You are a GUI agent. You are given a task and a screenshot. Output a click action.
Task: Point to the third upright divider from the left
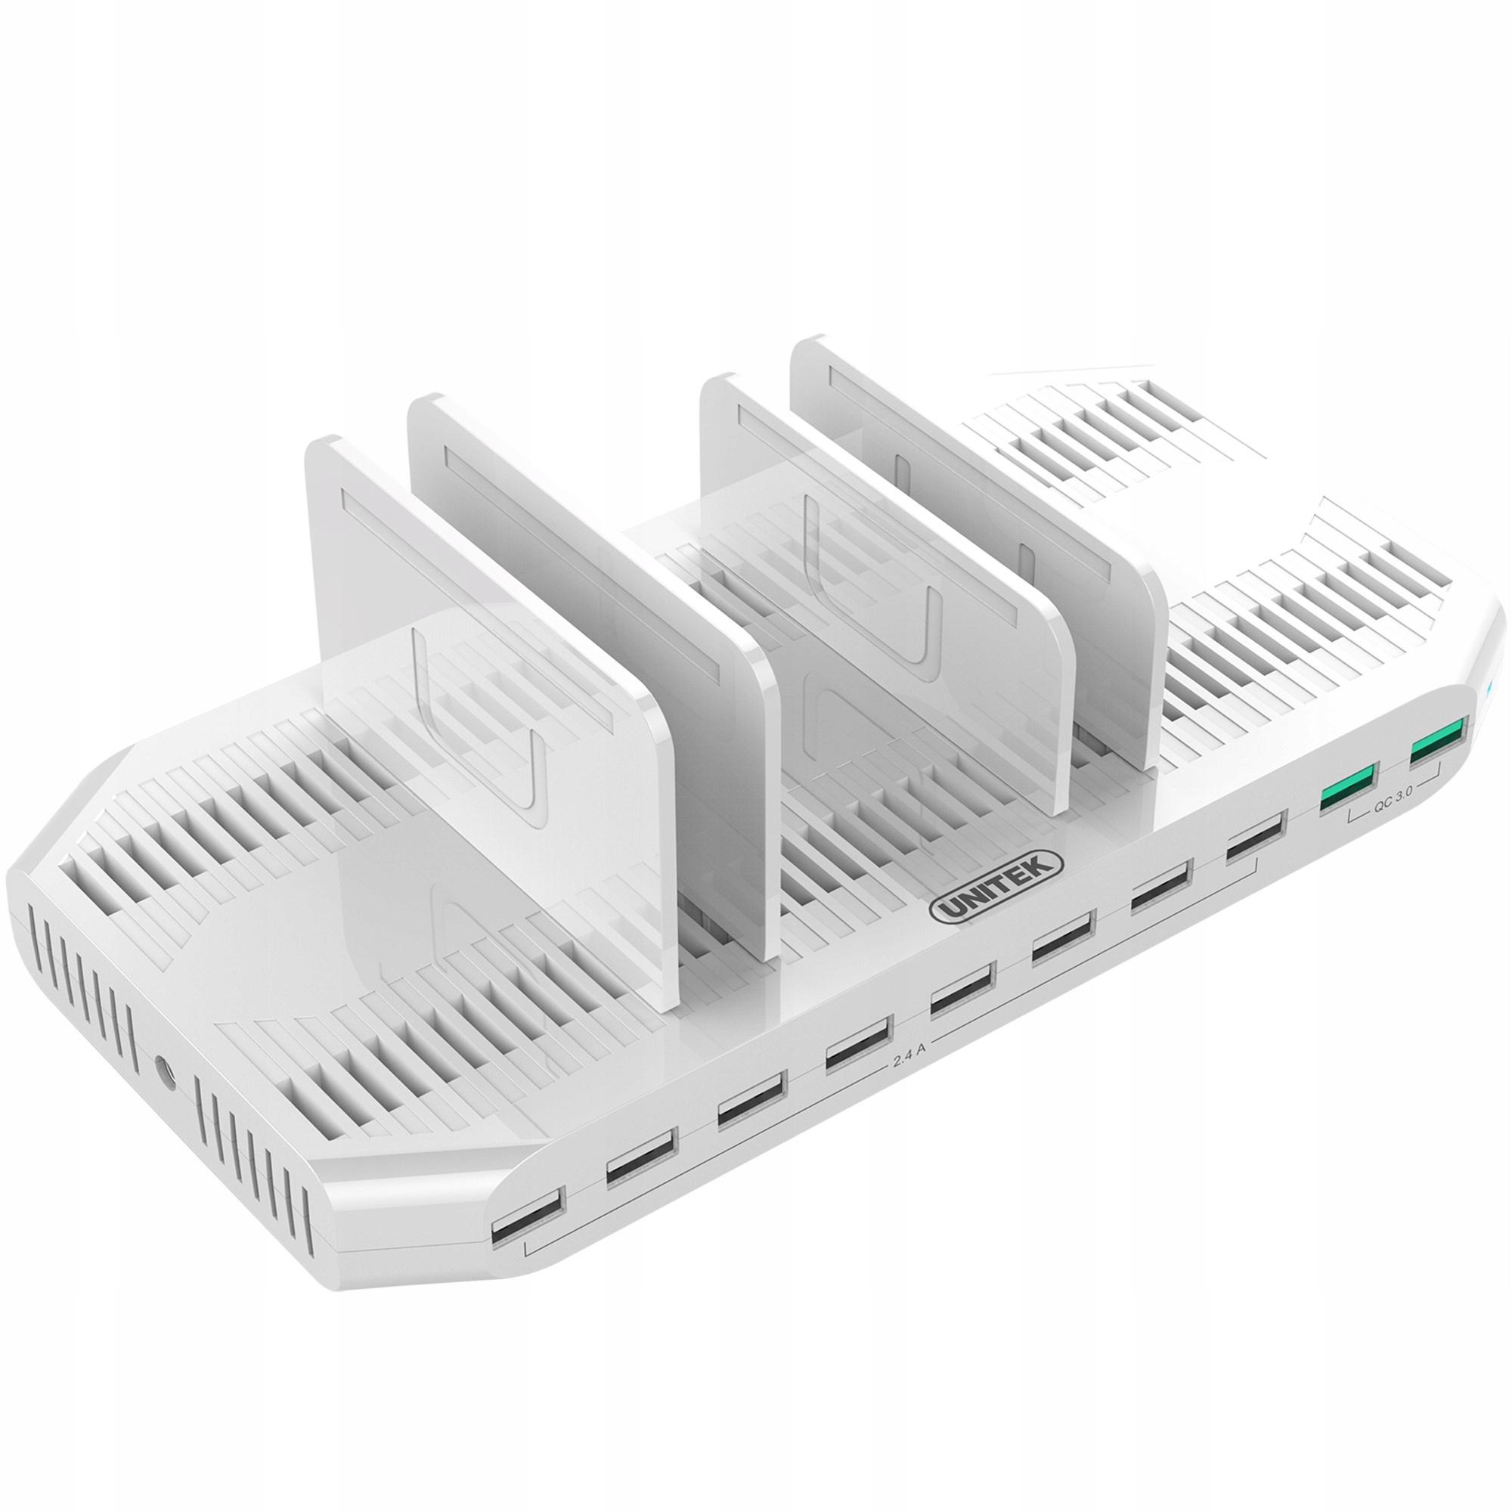[x=885, y=548]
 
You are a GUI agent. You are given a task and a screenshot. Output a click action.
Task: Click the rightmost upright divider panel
[x=978, y=485]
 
